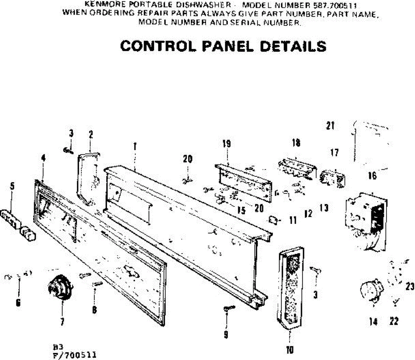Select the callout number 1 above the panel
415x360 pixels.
click(135, 147)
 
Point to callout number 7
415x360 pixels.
click(62, 322)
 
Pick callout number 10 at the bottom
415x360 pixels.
click(290, 350)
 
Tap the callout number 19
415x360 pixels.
click(227, 143)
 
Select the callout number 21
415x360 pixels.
click(330, 125)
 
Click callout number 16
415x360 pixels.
click(372, 176)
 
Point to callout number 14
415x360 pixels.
click(373, 322)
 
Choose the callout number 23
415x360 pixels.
click(410, 287)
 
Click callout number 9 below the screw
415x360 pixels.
click(226, 334)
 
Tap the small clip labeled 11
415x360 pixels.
click(273, 220)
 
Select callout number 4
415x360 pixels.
click(43, 158)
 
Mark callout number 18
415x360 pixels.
click(296, 143)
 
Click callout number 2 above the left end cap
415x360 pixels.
click(91, 134)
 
